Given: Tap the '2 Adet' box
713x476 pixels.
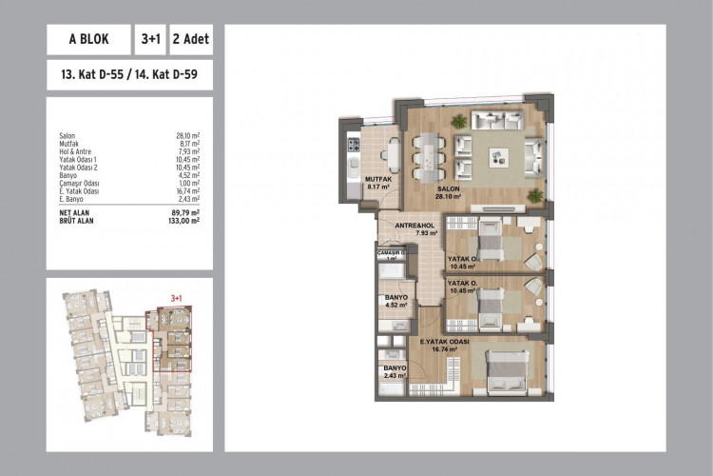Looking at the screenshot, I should [x=191, y=41].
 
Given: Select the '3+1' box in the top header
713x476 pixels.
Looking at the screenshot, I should [x=150, y=41].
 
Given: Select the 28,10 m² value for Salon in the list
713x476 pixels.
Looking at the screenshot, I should [x=183, y=137].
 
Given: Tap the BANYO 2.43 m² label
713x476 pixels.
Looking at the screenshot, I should [x=395, y=371].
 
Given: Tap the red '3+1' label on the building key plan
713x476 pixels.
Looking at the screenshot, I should [x=175, y=297].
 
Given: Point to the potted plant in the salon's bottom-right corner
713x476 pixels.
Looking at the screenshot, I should [x=537, y=194].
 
